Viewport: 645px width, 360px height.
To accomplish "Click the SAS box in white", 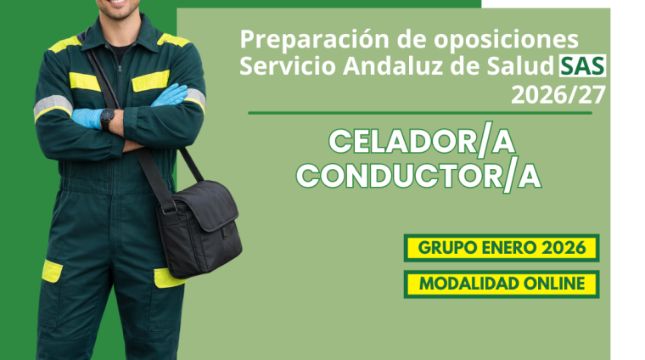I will (x=582, y=66).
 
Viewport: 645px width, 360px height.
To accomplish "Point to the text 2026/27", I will (x=558, y=94).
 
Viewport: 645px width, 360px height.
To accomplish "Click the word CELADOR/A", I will (x=421, y=142).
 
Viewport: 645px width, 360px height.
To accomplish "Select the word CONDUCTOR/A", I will (x=418, y=176).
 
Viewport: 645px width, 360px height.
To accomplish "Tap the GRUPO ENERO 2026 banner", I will (x=502, y=248).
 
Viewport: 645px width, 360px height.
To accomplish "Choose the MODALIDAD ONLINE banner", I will (x=502, y=284).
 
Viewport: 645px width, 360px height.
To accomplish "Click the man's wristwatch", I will (x=107, y=118).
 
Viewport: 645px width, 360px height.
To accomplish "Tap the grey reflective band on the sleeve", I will (x=52, y=104).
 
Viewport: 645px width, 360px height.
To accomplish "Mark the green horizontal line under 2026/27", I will (x=419, y=112).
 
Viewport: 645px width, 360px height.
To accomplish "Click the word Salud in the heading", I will (x=524, y=67).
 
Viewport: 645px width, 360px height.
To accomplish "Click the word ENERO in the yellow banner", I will (x=508, y=248).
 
